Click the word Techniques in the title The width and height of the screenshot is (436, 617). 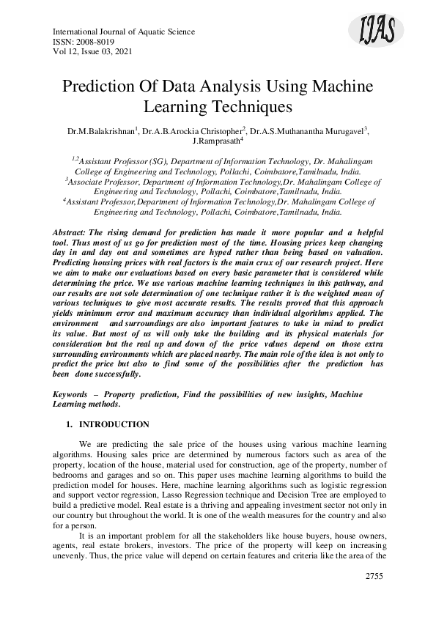pyautogui.click(x=253, y=106)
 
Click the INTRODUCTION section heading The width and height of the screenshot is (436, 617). pyautogui.click(x=114, y=424)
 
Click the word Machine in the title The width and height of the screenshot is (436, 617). pyautogui.click(x=337, y=86)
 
